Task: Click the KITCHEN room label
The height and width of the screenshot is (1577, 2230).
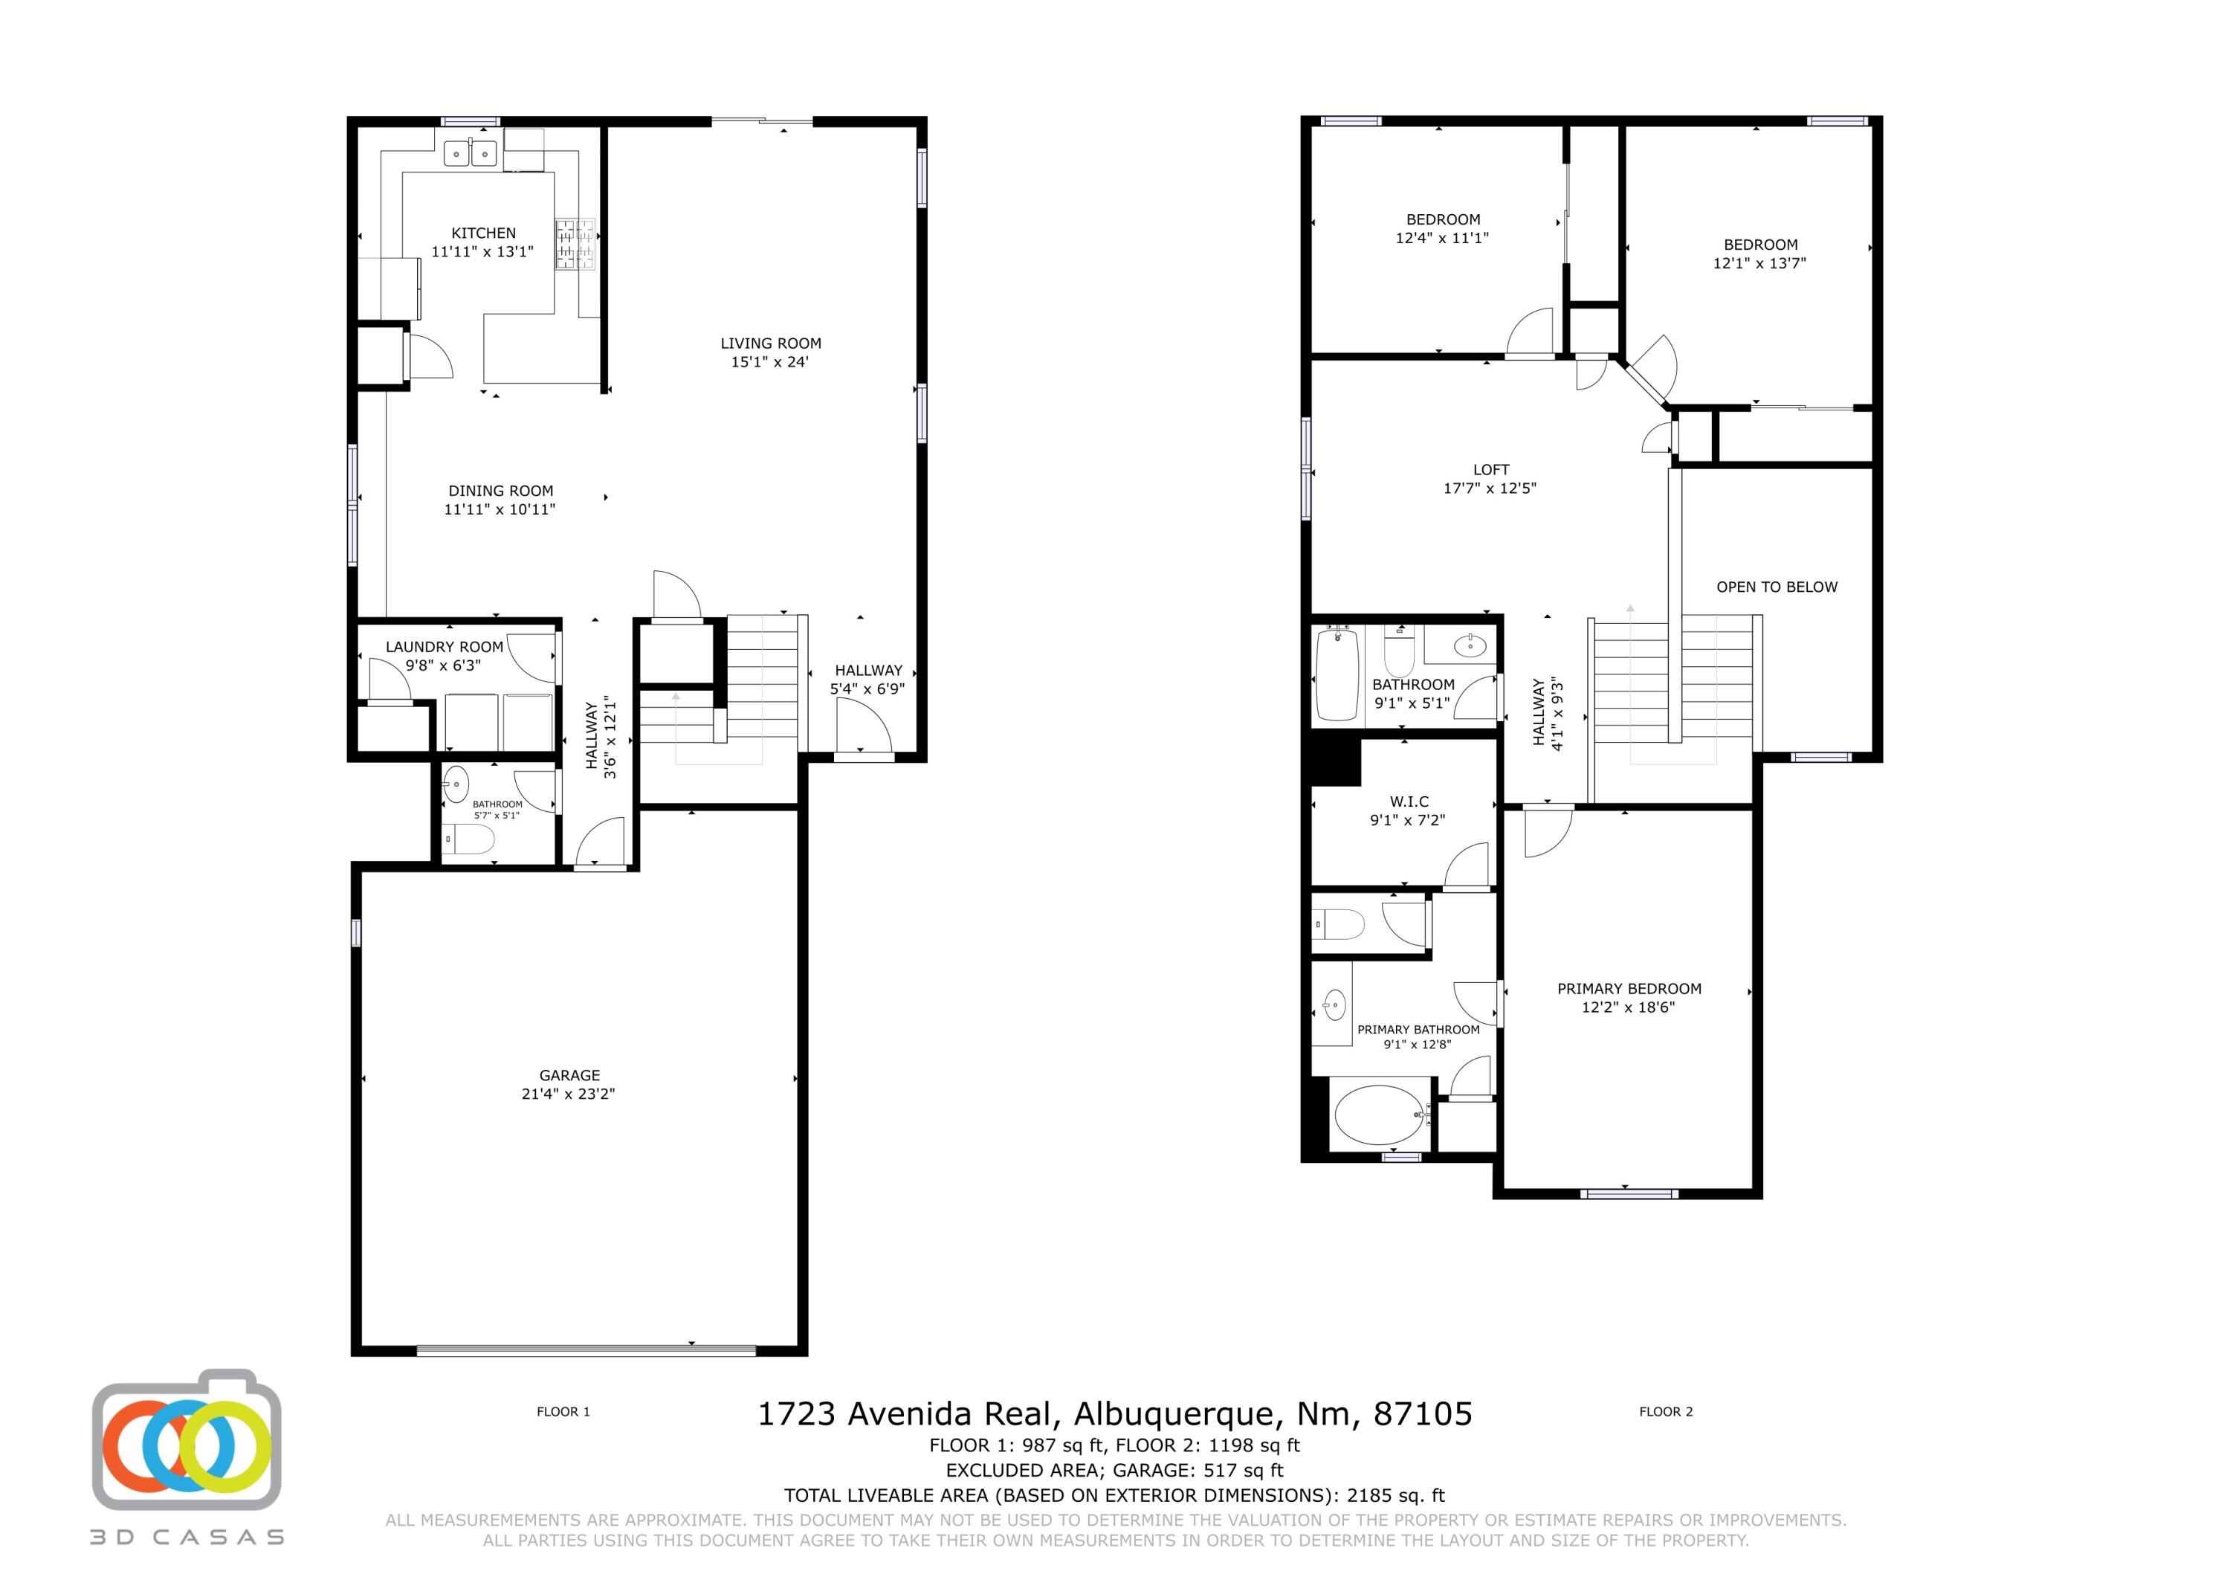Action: pyautogui.click(x=484, y=233)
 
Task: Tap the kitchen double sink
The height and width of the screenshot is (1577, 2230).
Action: pyautogui.click(x=471, y=153)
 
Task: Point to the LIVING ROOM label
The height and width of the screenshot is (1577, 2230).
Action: pyautogui.click(x=770, y=343)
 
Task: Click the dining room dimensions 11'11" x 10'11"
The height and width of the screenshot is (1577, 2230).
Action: pyautogui.click(x=500, y=509)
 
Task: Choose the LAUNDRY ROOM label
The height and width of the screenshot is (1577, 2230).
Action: pyautogui.click(x=445, y=647)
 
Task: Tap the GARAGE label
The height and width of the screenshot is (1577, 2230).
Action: pyautogui.click(x=569, y=1074)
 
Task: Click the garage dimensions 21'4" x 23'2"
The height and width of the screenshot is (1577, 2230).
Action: pyautogui.click(x=568, y=1093)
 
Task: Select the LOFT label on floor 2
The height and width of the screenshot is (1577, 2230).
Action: pyautogui.click(x=1491, y=469)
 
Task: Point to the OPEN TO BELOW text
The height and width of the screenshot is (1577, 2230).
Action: pyautogui.click(x=1777, y=587)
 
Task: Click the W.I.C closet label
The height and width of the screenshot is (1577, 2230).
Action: pyautogui.click(x=1409, y=802)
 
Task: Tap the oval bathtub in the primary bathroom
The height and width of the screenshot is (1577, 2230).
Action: pyautogui.click(x=1379, y=1115)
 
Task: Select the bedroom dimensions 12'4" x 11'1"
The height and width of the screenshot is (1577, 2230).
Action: pyautogui.click(x=1442, y=237)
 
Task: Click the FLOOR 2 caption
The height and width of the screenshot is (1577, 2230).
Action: pyautogui.click(x=1666, y=1411)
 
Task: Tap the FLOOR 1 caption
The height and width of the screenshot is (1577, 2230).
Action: pyautogui.click(x=563, y=1411)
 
